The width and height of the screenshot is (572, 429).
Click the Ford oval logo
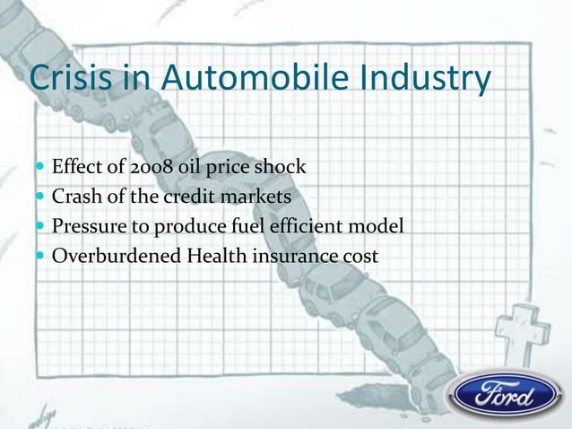pyautogui.click(x=506, y=395)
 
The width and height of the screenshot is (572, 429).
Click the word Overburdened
pyautogui.click(x=116, y=257)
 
